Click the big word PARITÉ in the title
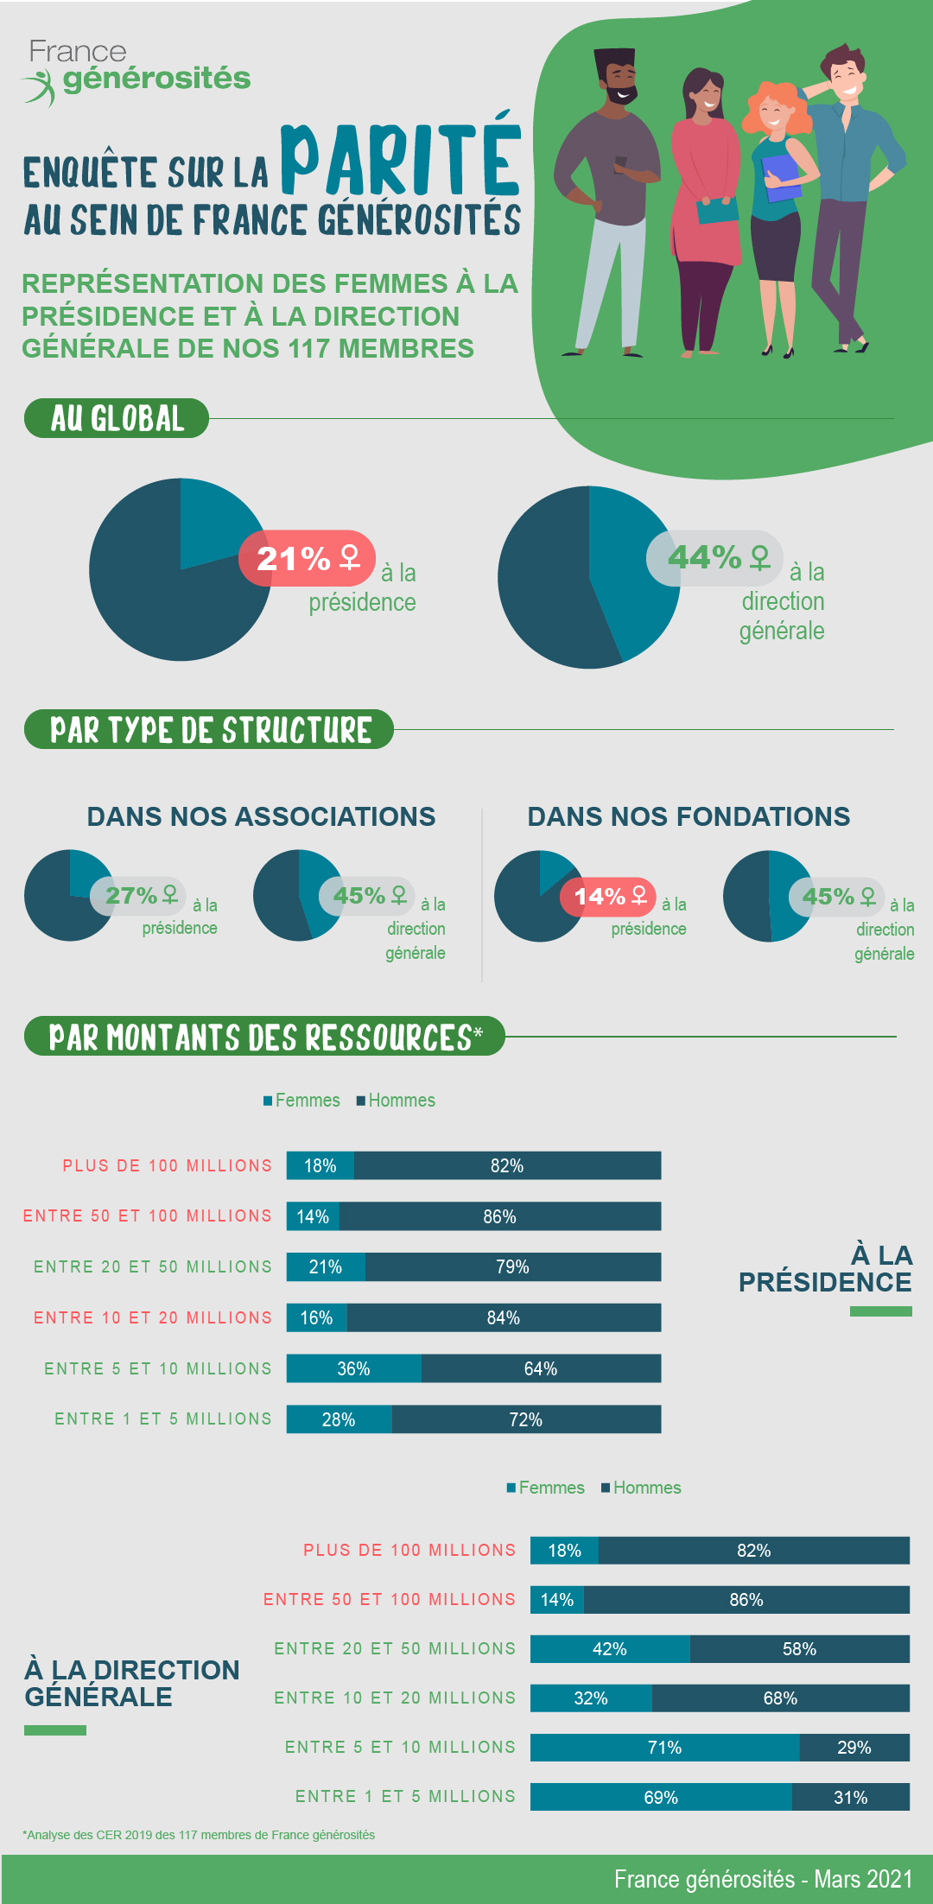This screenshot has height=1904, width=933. pos(400,160)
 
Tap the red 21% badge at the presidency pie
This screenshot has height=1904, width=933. pos(307,558)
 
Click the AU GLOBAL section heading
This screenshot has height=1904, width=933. pos(117,418)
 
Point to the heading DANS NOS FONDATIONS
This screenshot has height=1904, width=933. pos(689,816)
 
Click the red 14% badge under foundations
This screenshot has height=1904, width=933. pos(608,897)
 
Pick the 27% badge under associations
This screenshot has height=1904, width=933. pos(138,895)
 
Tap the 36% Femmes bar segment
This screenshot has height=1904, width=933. pos(353,1368)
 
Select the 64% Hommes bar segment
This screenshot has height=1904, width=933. pos(541,1368)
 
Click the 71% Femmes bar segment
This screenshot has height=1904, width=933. pos(664,1748)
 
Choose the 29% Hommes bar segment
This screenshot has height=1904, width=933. pos(854,1748)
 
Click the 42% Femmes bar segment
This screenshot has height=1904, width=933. pos(609,1649)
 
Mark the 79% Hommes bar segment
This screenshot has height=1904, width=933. pos(512,1267)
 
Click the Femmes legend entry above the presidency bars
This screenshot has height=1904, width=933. pos(301,1101)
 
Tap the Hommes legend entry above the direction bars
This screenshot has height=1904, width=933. pos(641,1488)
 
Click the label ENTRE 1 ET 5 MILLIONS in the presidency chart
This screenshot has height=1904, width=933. pos(163,1418)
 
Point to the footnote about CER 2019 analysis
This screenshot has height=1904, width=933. pos(199,1835)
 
